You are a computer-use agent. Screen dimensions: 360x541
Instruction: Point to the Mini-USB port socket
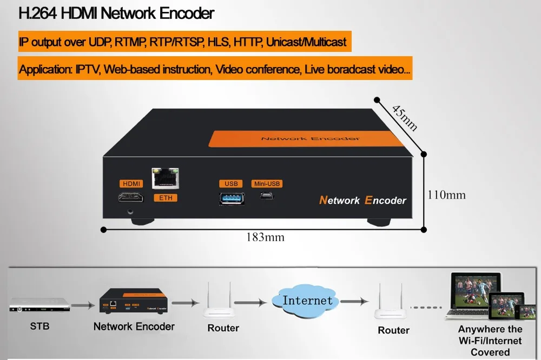tap(267, 198)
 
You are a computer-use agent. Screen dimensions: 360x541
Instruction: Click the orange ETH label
tap(166, 198)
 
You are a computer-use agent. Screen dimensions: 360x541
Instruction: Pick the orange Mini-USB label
tap(267, 184)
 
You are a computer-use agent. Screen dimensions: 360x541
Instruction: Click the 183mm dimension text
tap(266, 237)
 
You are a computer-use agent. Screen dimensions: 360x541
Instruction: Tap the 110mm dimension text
tap(446, 195)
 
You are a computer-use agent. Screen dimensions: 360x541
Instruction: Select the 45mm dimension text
tap(404, 117)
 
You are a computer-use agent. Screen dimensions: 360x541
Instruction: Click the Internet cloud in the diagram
tap(307, 301)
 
